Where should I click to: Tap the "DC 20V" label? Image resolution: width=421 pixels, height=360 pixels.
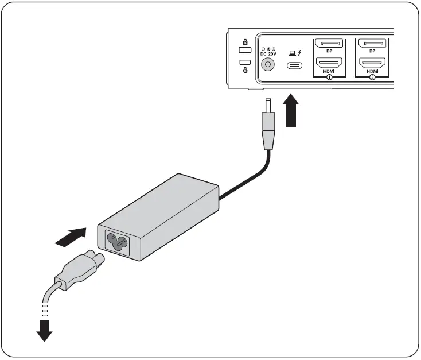click(267, 54)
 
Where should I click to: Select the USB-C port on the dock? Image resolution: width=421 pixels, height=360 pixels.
click(295, 65)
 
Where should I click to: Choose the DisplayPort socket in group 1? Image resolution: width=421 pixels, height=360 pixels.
click(329, 43)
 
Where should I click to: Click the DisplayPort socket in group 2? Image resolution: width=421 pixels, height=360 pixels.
click(372, 43)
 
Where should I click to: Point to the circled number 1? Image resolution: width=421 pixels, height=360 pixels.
click(329, 77)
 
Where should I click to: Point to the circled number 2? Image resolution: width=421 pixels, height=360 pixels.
click(372, 77)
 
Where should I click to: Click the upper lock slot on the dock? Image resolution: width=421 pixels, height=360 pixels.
click(245, 50)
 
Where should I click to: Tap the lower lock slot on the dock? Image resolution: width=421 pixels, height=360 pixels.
click(245, 62)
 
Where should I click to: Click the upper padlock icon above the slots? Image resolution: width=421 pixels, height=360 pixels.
click(245, 42)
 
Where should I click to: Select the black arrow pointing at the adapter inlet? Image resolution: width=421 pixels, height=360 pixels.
click(71, 237)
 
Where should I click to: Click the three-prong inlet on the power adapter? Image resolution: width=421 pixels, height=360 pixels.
click(118, 243)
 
